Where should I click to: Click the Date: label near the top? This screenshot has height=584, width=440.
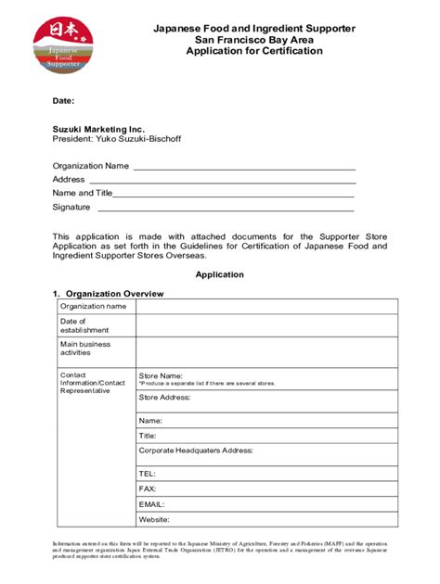(63, 100)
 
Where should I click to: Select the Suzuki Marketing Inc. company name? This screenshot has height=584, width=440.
(98, 130)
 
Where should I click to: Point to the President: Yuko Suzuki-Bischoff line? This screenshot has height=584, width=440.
(118, 140)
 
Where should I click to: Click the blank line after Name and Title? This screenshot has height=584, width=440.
(233, 195)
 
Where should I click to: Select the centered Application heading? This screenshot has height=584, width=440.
(219, 275)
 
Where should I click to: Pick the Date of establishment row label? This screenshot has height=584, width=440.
(84, 324)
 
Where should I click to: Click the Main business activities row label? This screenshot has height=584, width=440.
(85, 348)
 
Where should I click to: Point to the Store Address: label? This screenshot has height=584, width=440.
(164, 397)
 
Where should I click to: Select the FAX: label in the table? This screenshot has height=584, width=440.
(147, 488)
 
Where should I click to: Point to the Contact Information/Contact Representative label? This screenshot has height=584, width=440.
(92, 383)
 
